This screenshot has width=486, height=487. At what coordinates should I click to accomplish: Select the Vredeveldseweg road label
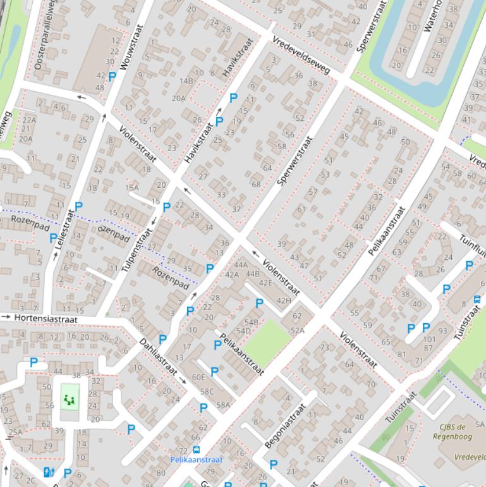pos(301,55)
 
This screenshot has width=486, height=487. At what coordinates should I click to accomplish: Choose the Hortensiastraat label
pos(40,317)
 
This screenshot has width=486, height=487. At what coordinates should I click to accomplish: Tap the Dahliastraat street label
pos(159,357)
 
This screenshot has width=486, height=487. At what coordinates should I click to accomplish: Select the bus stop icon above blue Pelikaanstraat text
pos(196,450)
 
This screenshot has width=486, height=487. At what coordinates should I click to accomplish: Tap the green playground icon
pos(70,399)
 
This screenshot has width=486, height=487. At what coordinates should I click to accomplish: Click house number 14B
pos(186,81)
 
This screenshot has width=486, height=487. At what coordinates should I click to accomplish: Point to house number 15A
pos(131,187)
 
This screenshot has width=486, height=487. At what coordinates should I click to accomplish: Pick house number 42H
pos(284,300)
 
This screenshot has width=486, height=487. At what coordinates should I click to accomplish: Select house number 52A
pos(297,330)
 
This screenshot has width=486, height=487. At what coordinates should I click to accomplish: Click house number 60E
pos(198,377)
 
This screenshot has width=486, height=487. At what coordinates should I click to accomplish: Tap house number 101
pos(430,339)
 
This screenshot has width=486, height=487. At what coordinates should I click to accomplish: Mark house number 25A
pos(15,432)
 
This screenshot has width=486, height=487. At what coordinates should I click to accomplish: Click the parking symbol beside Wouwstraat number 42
pos(112,77)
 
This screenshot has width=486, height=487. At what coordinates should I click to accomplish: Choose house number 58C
pos(207,391)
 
